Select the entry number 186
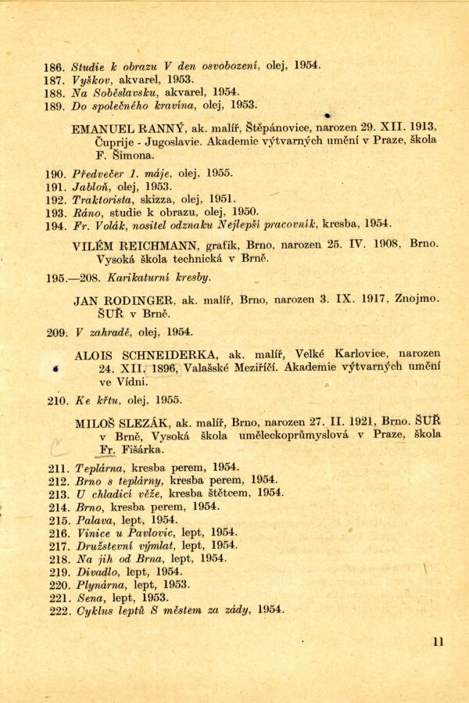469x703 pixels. [x=54, y=66]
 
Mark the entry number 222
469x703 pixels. [x=60, y=610]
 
